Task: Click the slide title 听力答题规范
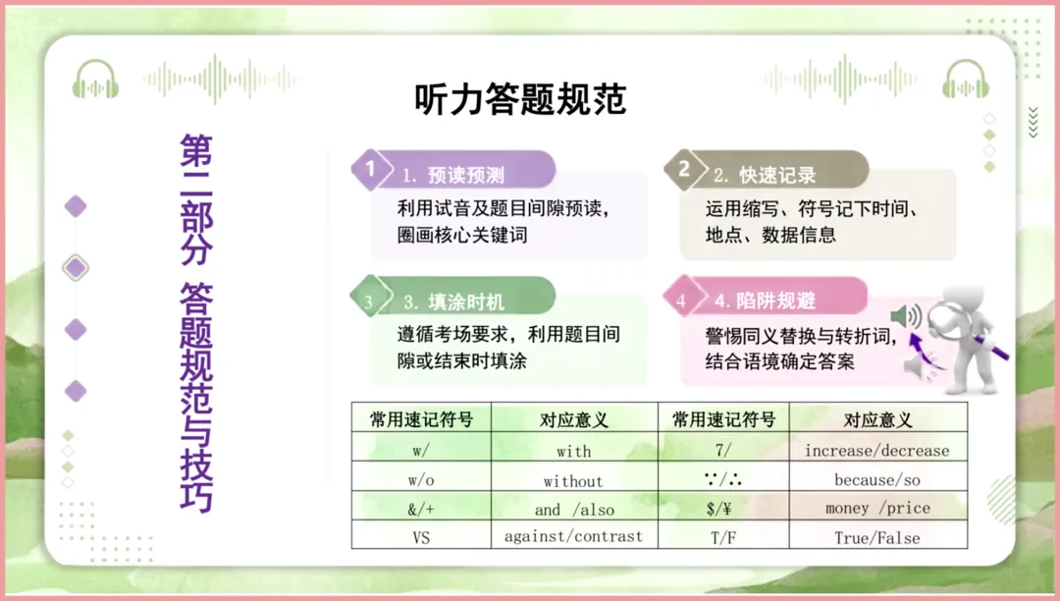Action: (x=520, y=99)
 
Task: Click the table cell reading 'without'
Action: (x=573, y=481)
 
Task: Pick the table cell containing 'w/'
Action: (x=421, y=451)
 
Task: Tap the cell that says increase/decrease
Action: (x=876, y=451)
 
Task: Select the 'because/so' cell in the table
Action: (x=876, y=480)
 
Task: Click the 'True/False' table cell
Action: (x=876, y=537)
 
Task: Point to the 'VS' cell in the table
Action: (x=421, y=537)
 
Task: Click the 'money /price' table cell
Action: (x=876, y=509)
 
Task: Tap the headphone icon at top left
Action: (x=95, y=79)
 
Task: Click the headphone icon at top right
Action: (x=965, y=79)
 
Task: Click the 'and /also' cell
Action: (x=573, y=510)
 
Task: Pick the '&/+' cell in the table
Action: (x=421, y=510)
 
